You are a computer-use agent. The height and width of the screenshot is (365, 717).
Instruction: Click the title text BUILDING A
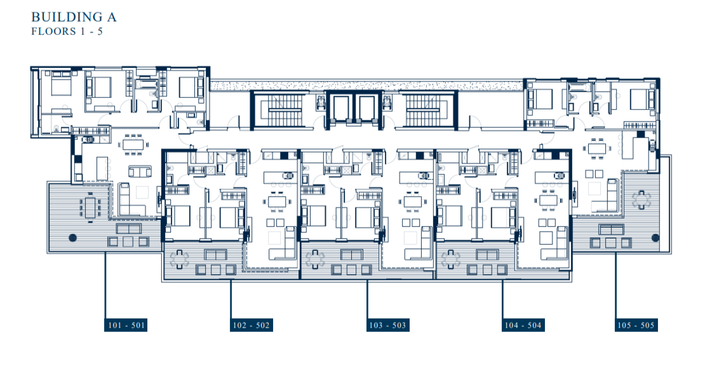(74, 17)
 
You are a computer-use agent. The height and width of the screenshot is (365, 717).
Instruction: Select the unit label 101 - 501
(127, 326)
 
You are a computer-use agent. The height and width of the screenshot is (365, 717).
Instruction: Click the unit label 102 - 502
(251, 326)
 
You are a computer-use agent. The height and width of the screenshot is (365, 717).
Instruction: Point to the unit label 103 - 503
(387, 326)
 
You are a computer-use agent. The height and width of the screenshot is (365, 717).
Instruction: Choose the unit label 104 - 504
(523, 326)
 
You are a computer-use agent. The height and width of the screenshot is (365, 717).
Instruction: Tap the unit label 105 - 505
(636, 326)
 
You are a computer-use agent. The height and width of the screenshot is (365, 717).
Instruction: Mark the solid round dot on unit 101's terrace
(72, 237)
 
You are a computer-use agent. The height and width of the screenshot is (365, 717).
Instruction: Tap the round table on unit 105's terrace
(642, 200)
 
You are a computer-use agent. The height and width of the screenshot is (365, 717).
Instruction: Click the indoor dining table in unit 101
(133, 144)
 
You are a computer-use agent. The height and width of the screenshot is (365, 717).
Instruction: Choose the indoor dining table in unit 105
(595, 148)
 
